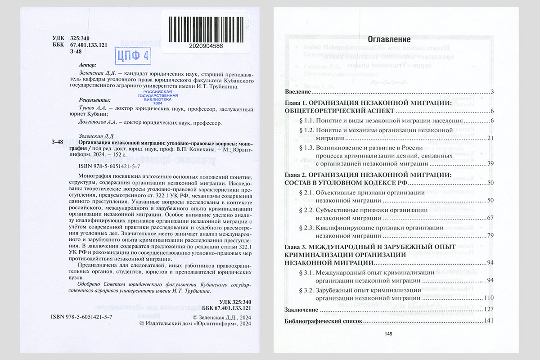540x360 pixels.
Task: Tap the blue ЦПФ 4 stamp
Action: tap(133, 56)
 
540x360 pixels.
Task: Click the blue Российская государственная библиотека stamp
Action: tap(157, 96)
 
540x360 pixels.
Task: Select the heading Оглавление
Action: tap(389, 39)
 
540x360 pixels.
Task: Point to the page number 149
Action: tap(389, 333)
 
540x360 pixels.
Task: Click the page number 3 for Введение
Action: tap(493, 92)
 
